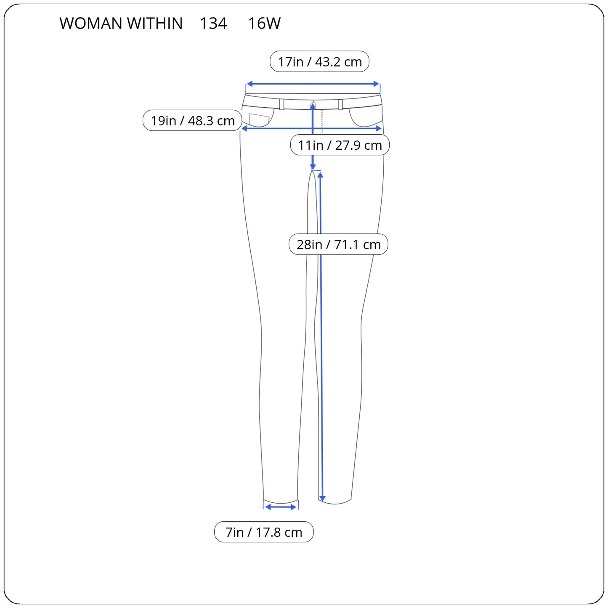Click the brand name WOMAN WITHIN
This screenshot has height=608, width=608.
[121, 23]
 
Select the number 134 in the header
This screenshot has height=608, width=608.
[213, 23]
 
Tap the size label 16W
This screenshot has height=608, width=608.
[264, 23]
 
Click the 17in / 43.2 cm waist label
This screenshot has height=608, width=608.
[319, 61]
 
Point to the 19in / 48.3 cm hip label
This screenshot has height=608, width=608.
[192, 120]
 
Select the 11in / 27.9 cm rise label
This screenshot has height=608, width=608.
[340, 145]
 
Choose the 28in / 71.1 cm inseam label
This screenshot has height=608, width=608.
[338, 244]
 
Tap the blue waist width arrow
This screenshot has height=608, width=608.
[313, 84]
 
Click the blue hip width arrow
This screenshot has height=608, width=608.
[312, 128]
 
